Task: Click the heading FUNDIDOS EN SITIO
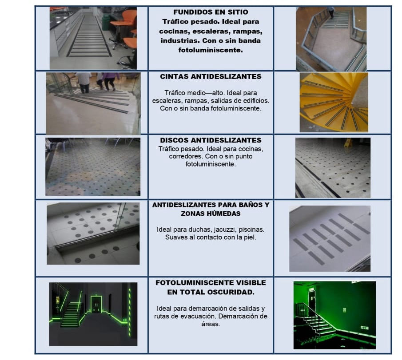211,12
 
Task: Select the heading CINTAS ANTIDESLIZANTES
211,77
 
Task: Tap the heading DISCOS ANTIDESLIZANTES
211,141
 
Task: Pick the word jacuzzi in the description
222,229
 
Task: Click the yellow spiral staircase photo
334,102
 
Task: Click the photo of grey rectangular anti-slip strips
330,238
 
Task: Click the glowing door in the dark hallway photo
96,305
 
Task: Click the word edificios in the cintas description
254,101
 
